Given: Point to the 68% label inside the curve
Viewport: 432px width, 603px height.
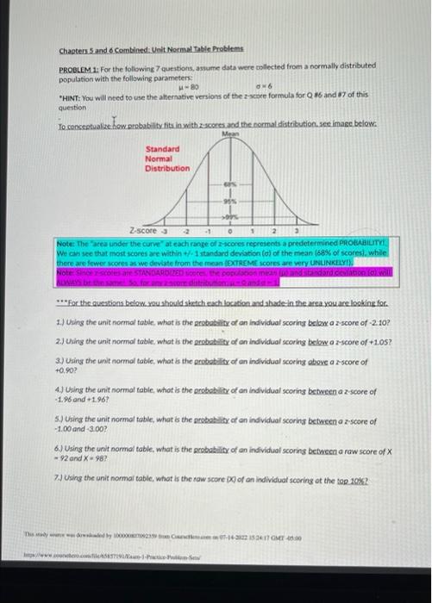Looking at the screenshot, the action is coord(230,185).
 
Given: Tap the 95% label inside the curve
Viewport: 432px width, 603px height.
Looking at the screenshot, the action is coord(230,202).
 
